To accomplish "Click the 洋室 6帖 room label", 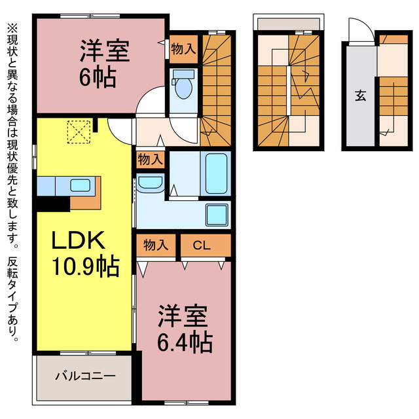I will (105, 63).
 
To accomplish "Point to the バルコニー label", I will (84, 376).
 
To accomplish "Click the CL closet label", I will (201, 246).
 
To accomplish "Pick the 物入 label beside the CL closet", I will (156, 246).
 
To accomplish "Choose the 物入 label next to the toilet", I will (183, 48).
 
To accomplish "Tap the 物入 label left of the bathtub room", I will (151, 158).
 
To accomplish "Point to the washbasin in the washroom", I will (151, 184).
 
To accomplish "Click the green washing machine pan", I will (217, 214).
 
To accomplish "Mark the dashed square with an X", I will (79, 132).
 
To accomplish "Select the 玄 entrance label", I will (359, 96).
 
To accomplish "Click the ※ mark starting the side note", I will (12, 28).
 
